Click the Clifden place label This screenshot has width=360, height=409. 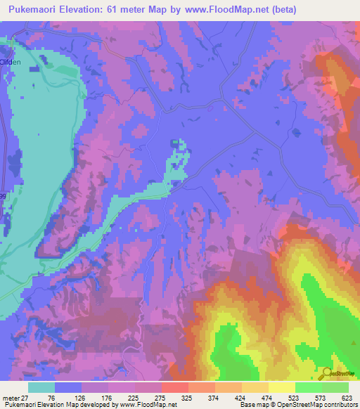click(x=11, y=62)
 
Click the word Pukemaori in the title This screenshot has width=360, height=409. click(x=33, y=9)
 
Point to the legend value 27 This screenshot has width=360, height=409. click(x=25, y=398)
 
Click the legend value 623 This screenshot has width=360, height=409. click(x=345, y=398)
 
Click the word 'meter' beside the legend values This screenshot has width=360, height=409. click(x=11, y=398)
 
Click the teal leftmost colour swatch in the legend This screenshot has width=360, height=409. click(x=41, y=387)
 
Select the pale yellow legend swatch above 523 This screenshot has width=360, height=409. click(x=282, y=387)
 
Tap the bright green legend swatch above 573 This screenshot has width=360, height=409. click(x=309, y=387)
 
